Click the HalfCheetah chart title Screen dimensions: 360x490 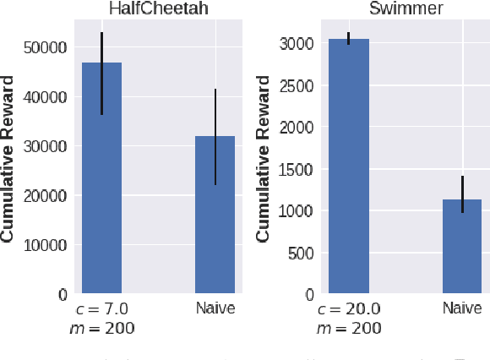point(159,8)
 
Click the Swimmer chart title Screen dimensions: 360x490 point(406,8)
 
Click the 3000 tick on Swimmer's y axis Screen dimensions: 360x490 point(296,44)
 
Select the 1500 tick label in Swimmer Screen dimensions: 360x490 point(296,169)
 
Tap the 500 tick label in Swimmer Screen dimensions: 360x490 point(300,253)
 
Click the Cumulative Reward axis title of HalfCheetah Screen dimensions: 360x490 point(8,159)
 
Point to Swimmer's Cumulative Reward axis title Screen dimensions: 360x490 point(263,159)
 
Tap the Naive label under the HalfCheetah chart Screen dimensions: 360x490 point(215,308)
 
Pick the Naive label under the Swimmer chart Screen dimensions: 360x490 point(462,308)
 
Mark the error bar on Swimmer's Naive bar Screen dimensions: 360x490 point(462,194)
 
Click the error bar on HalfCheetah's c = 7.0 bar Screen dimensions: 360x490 point(101,74)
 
